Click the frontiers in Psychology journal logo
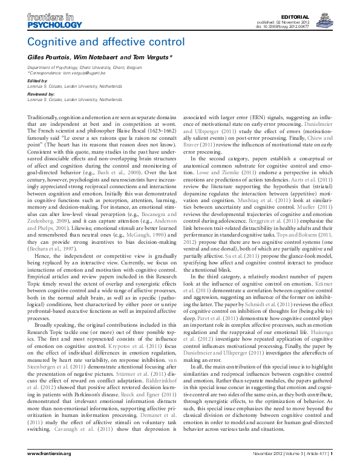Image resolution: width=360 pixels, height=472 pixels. coord(54,22)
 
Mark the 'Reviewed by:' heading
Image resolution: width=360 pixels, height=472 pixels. coord(41,93)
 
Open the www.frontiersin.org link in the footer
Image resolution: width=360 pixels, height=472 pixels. coord(50,453)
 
